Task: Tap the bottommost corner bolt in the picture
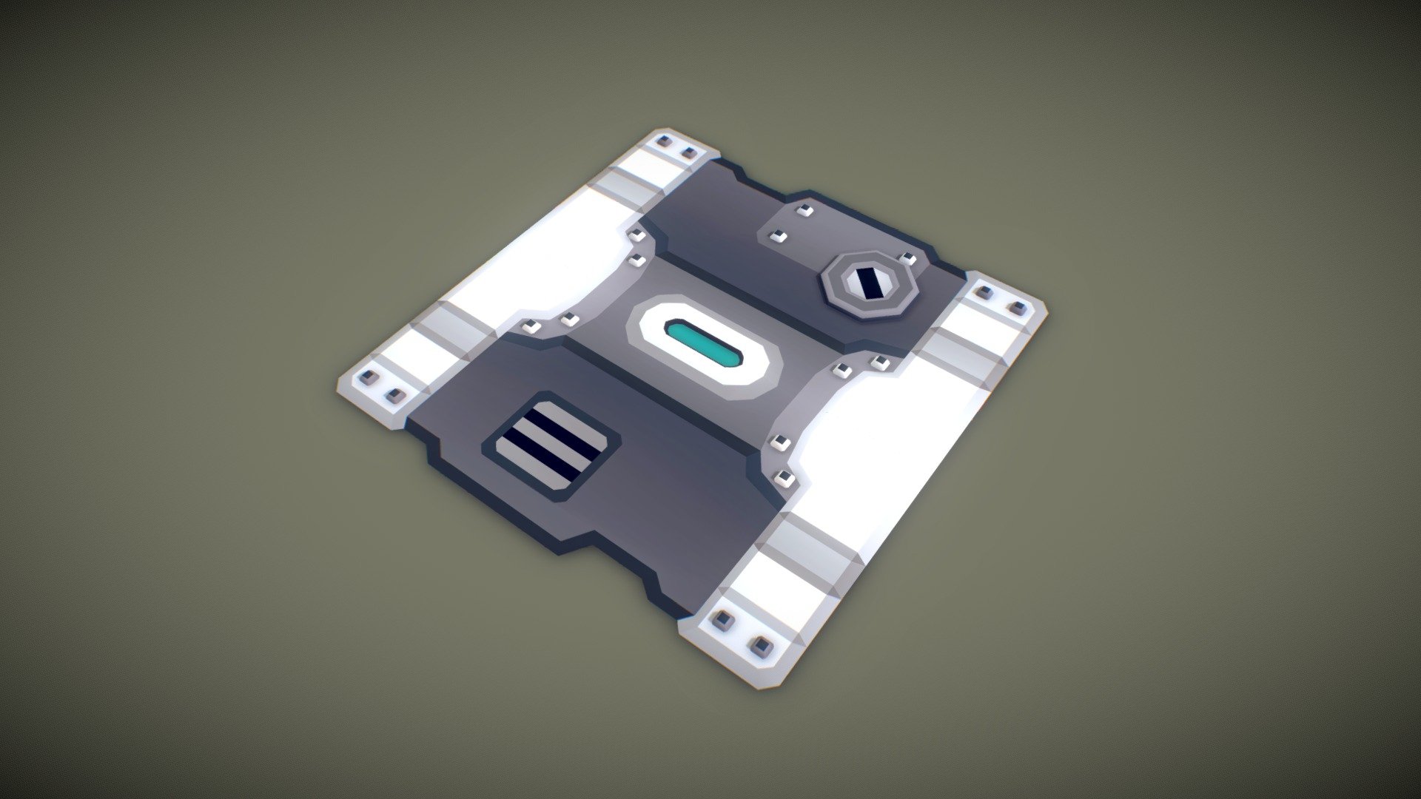click(x=760, y=647)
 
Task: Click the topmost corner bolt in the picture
click(x=147, y=141)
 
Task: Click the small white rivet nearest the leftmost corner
click(x=531, y=327)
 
